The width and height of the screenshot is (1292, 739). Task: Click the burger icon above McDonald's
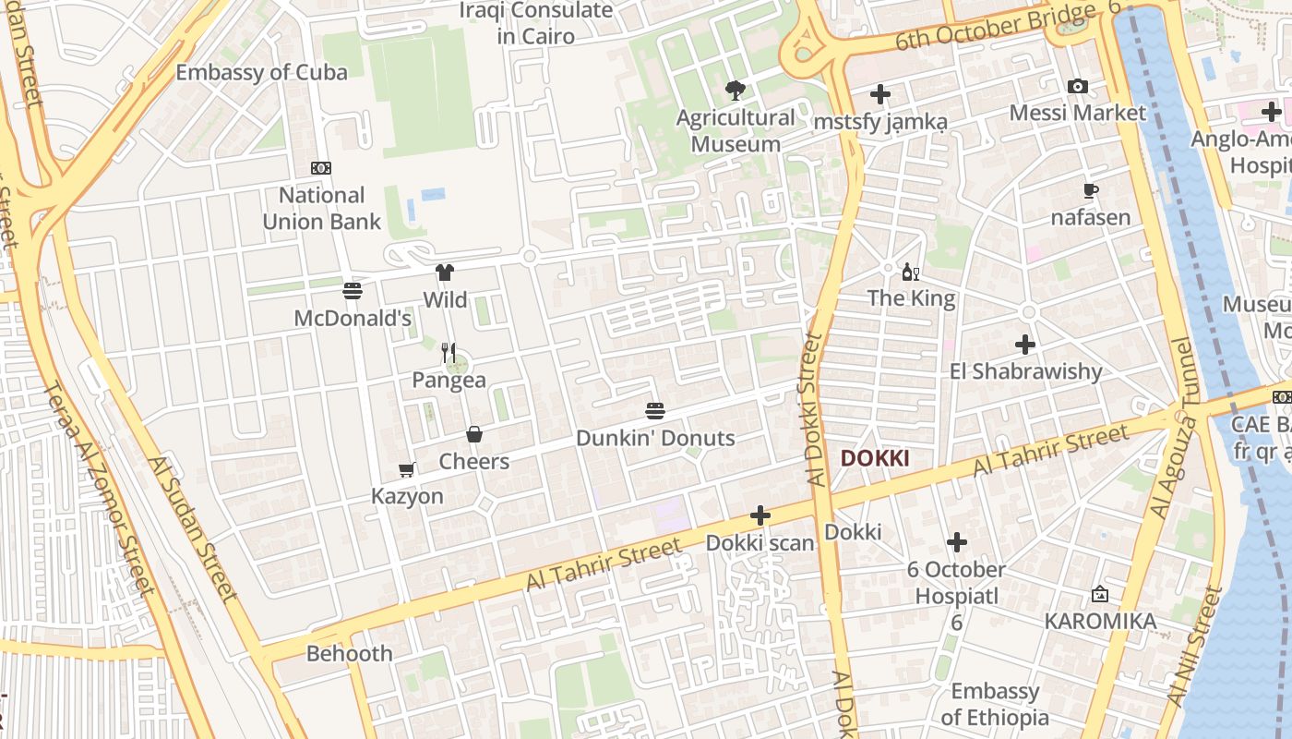(x=352, y=291)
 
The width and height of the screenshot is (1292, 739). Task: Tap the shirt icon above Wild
(x=445, y=273)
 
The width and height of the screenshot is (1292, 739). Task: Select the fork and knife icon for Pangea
(x=449, y=352)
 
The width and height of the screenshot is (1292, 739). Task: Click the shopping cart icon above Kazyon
(x=407, y=469)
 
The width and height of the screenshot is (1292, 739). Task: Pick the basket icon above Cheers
(x=473, y=434)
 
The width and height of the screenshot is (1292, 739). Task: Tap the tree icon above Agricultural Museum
(x=735, y=91)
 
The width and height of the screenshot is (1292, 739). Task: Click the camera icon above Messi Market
(x=1077, y=86)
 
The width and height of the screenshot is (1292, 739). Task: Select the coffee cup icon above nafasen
(x=1090, y=191)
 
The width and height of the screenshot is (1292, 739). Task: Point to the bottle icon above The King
(x=910, y=272)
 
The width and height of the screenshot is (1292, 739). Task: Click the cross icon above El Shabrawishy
(x=1025, y=345)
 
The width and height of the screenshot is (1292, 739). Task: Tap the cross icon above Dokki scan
(x=760, y=515)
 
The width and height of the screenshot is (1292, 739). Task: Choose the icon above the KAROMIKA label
(x=1099, y=594)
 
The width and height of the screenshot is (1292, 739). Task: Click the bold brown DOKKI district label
(x=875, y=458)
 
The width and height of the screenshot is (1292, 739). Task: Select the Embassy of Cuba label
(x=262, y=73)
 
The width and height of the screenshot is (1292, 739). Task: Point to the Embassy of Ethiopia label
(x=995, y=704)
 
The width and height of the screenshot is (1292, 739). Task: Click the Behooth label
(x=350, y=654)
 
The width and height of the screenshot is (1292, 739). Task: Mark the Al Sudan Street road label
(x=193, y=528)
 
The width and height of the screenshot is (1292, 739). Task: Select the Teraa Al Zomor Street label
(x=98, y=486)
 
